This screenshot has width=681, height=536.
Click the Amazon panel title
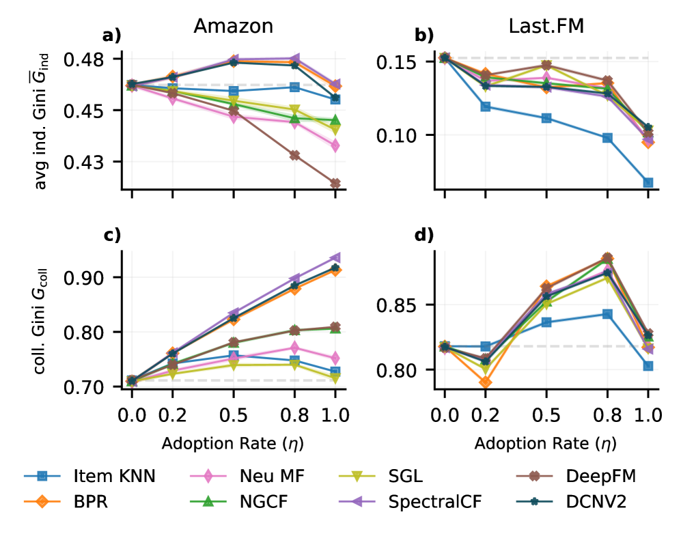pos(234,26)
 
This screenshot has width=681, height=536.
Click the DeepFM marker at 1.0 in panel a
pos(335,183)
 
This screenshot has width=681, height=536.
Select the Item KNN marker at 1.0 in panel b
pos(648,182)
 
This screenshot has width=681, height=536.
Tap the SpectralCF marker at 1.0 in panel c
pos(335,258)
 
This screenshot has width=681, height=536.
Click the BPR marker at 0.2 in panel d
pos(485,382)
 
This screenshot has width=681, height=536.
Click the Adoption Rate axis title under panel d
pos(545,443)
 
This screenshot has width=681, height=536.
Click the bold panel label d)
pos(425,236)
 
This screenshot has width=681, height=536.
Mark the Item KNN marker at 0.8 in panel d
pos(607,314)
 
